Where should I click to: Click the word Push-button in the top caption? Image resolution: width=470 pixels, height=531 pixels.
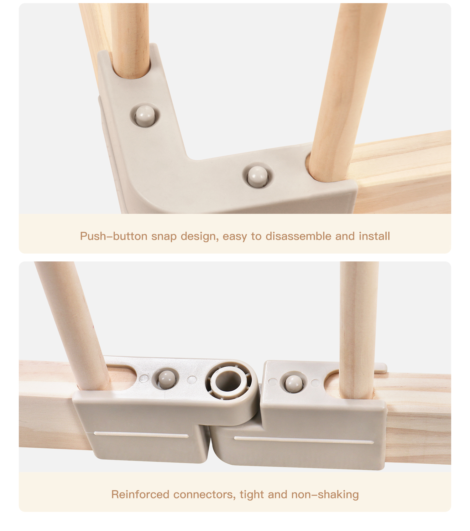pyautogui.click(x=114, y=236)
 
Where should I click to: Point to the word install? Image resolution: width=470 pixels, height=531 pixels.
pyautogui.click(x=374, y=236)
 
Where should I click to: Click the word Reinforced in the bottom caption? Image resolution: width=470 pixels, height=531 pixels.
pyautogui.click(x=140, y=494)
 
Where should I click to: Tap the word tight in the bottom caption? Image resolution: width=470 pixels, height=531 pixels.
pyautogui.click(x=252, y=495)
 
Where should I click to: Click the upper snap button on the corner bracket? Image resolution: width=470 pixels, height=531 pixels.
pyautogui.click(x=145, y=115)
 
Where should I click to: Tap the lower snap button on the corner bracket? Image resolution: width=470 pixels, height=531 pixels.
pyautogui.click(x=258, y=177)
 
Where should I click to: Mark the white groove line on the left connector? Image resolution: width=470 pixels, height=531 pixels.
pyautogui.click(x=141, y=435)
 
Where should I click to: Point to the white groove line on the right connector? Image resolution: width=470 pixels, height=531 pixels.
pyautogui.click(x=304, y=440)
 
